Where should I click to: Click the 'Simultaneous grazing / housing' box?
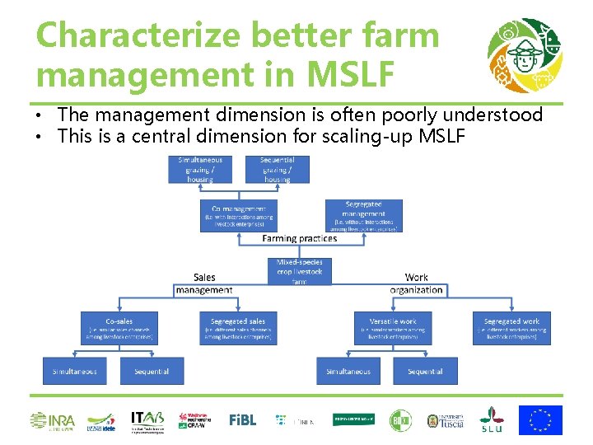pos(200,169)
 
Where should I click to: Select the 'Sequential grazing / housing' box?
pos(277,169)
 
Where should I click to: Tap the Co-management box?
pos(238,216)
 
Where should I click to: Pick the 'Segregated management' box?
pos(364,215)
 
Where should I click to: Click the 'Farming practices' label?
pos(299,239)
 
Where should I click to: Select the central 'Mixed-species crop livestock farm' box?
pos(299,271)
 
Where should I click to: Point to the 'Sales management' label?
pos(204,284)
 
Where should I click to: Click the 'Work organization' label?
pos(417,284)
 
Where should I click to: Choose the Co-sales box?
pos(119,327)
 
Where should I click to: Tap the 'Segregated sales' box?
pos(238,327)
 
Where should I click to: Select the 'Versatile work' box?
pos(394,327)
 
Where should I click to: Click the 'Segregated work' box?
pos(511,327)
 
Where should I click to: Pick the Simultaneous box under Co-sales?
pos(75,371)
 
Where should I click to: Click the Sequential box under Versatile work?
pos(425,371)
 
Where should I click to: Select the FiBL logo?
pos(242,420)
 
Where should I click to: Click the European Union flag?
pos(540,420)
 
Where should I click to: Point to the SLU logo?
pos(492,419)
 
